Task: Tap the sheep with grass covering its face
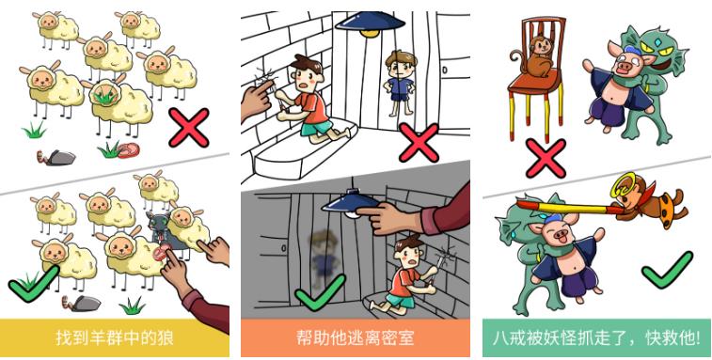coord(119,105)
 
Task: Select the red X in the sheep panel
coord(189,128)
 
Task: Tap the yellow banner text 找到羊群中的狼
coord(115,338)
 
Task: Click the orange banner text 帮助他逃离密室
coord(356,338)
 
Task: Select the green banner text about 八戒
coord(596,338)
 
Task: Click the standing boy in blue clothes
coord(399,83)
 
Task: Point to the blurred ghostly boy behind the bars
coord(324,257)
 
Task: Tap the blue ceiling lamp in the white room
coord(371,23)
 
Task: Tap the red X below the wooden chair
coord(546,159)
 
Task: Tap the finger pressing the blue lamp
coord(369,211)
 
